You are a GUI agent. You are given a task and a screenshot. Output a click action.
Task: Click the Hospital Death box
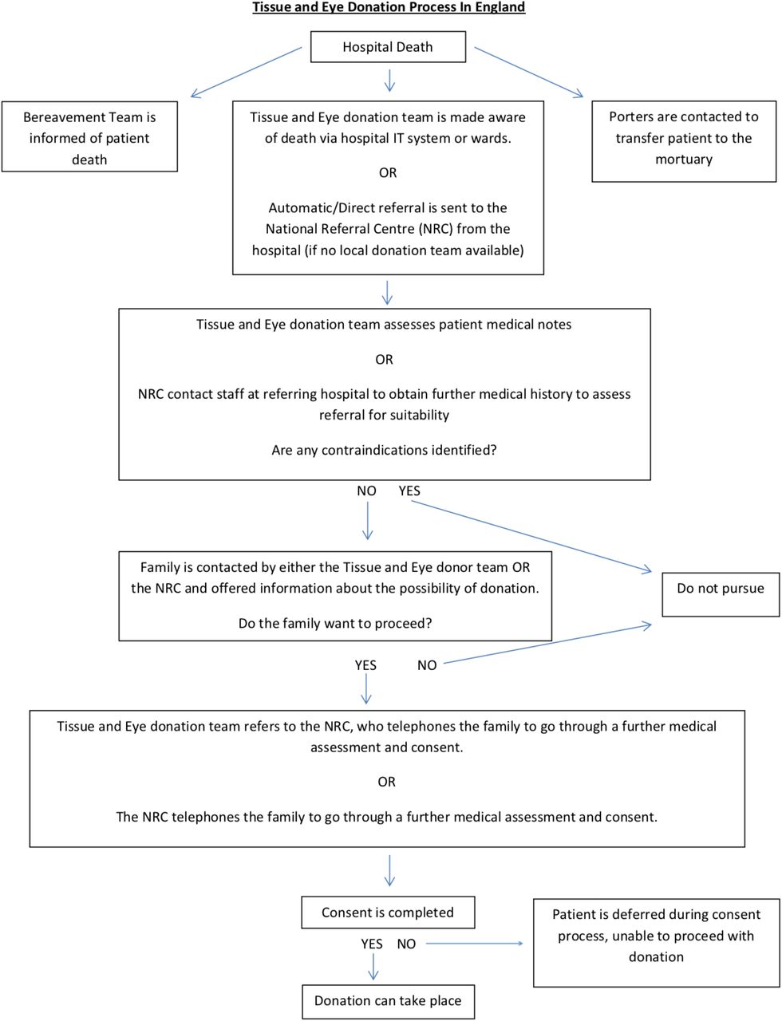pos(388,46)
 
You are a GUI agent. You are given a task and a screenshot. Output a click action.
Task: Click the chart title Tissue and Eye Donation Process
pos(389,7)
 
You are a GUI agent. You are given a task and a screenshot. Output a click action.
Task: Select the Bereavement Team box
pos(89,136)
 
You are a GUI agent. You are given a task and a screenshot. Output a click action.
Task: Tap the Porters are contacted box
pos(684,141)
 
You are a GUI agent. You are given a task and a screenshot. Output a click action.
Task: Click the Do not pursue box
pos(721,594)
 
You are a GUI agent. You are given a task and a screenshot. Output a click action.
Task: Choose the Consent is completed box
pos(388,912)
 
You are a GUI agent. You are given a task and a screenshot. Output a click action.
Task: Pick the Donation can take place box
pos(388,1001)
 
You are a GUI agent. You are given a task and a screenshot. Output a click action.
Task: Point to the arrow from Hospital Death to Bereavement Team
pos(246,73)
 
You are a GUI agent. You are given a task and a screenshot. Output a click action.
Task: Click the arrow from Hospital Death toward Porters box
pos(529,72)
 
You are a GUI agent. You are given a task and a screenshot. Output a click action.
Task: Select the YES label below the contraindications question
pos(409,491)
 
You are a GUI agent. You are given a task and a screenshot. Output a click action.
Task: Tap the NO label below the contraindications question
pos(366,491)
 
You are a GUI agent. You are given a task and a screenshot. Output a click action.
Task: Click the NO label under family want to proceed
pos(427,665)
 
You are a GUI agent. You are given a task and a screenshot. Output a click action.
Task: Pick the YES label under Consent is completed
pos(372,944)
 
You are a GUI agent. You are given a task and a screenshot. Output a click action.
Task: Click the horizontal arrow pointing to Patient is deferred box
pos(474,944)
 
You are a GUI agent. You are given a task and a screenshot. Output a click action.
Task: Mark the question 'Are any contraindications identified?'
pos(384,450)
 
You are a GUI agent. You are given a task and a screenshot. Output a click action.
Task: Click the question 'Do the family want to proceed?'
pos(335,623)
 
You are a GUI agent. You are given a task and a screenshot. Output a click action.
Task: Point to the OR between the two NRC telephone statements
pos(387,782)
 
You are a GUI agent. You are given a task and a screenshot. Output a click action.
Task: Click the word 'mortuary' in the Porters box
pos(684,160)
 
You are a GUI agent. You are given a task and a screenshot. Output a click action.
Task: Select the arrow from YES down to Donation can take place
pos(373,967)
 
